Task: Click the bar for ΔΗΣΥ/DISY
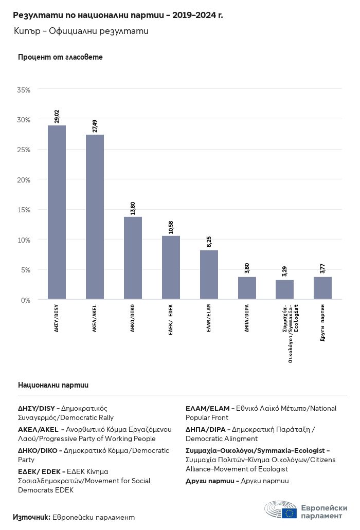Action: pos(57,212)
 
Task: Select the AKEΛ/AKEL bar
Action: pos(95,217)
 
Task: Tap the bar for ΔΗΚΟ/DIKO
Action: pos(133,258)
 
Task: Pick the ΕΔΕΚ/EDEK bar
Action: pos(171,267)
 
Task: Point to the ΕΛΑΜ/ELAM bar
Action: pos(209,275)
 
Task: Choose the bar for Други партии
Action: pos(323,288)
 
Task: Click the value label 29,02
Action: pos(57,116)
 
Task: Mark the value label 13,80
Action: pos(133,208)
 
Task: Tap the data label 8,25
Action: pos(209,242)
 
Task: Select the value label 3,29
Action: pos(284,271)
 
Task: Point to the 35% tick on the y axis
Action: pos(24,90)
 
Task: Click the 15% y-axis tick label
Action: pos(24,210)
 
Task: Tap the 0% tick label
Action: pos(26,300)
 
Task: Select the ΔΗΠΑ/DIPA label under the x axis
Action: pos(247,318)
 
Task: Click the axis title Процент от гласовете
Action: pos(60,57)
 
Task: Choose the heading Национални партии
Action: pos(53,385)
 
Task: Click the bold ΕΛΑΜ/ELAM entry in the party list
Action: pos(208,408)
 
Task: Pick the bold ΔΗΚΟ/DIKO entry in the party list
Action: pos(38,450)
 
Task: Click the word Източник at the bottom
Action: pos(32,517)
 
